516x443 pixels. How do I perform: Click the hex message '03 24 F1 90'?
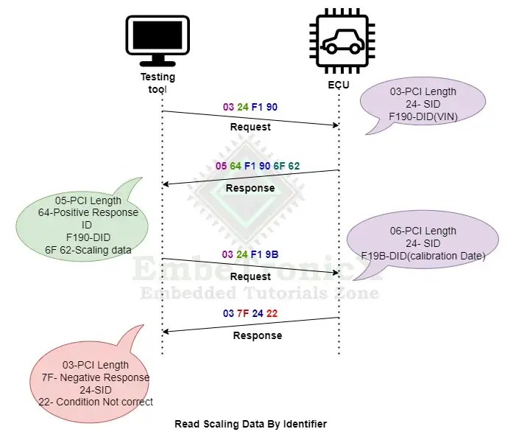click(250, 107)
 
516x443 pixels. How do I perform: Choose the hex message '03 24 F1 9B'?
click(250, 254)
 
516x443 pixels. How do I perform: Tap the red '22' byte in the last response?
click(272, 313)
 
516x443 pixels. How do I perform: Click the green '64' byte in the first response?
click(236, 166)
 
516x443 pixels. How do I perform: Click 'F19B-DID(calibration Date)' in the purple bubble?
click(423, 255)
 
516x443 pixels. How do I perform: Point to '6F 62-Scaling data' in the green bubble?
click(88, 249)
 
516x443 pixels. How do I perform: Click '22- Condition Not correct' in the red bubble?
click(96, 402)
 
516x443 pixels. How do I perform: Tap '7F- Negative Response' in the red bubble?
click(96, 377)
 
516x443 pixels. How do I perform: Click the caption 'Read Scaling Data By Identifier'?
click(250, 424)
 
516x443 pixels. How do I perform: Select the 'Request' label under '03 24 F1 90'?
click(250, 127)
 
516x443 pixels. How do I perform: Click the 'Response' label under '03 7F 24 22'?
click(257, 335)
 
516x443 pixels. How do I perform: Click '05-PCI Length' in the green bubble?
click(88, 200)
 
